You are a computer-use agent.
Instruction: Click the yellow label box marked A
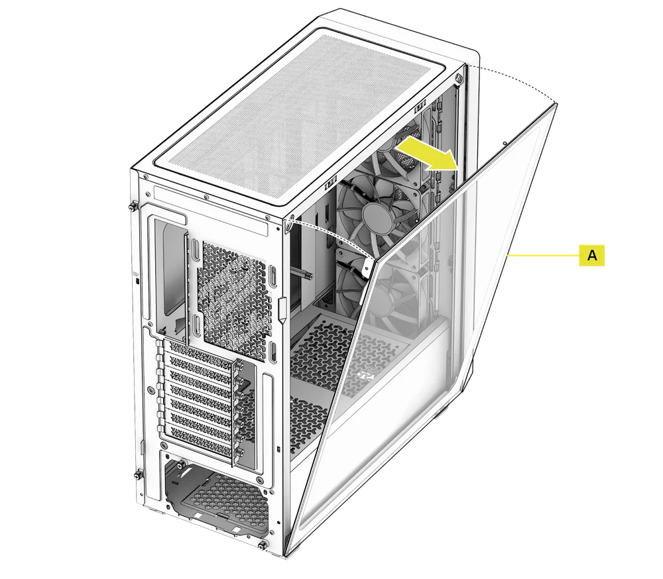tap(591, 255)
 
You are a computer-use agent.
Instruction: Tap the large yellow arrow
tap(427, 154)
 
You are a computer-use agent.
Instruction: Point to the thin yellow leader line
tap(543, 255)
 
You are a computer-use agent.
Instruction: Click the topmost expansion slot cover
tap(201, 353)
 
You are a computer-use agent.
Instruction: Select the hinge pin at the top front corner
tap(459, 78)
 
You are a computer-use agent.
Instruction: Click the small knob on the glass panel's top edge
tap(505, 143)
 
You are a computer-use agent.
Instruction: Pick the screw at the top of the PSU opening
tap(182, 464)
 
